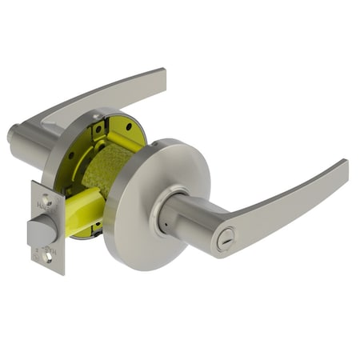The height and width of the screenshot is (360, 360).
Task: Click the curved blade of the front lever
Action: (288, 200)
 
